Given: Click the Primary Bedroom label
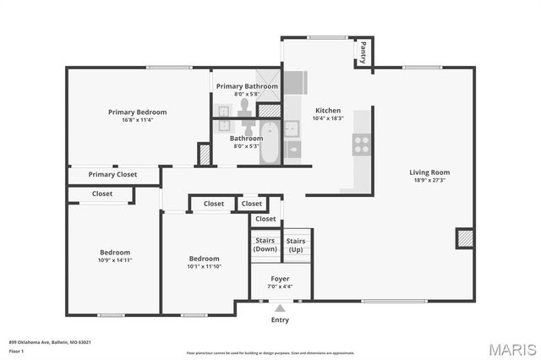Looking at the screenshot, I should (137, 112).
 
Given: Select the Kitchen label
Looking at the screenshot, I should (328, 111).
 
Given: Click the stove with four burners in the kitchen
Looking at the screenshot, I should (362, 145).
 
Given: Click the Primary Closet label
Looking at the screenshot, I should (112, 175).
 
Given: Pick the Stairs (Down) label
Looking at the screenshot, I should (265, 245).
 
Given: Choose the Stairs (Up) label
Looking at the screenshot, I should (296, 245).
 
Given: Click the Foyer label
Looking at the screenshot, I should (280, 278).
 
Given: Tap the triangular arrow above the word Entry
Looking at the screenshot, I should (280, 308).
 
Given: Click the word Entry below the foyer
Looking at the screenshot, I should (280, 320).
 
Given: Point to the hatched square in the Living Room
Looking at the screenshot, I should (464, 238).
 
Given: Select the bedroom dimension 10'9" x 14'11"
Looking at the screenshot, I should (115, 261).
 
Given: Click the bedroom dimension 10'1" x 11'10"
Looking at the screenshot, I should (204, 267).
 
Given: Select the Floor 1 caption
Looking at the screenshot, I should (17, 350).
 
